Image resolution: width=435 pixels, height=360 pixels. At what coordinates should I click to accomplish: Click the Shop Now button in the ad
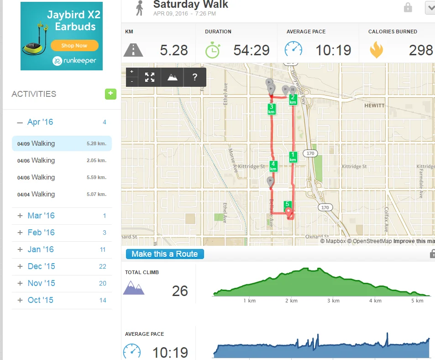(x=74, y=45)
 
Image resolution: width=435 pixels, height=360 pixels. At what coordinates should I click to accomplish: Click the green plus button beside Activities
(x=110, y=94)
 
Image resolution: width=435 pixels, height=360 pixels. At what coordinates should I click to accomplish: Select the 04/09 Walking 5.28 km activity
(x=62, y=143)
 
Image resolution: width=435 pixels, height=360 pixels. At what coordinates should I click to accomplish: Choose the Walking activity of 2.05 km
(x=62, y=160)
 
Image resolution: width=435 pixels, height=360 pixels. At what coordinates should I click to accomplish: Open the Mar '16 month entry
(x=41, y=216)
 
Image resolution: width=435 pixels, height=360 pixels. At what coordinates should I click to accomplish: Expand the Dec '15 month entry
(x=41, y=266)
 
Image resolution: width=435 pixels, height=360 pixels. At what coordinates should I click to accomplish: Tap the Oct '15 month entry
(x=40, y=300)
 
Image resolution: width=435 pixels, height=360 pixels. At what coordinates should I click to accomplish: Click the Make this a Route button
(x=165, y=254)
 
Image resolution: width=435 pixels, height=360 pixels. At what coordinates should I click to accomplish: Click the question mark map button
(x=195, y=77)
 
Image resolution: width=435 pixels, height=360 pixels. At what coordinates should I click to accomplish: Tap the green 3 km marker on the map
(x=271, y=109)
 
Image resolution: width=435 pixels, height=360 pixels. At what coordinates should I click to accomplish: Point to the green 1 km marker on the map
(x=293, y=157)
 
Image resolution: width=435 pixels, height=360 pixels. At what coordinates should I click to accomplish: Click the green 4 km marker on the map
(x=273, y=166)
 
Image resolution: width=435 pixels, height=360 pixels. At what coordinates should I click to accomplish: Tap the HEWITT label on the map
(x=374, y=106)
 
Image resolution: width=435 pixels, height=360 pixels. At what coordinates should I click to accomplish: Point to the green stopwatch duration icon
(x=212, y=50)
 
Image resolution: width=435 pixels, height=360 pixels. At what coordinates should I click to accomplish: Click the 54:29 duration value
(x=251, y=50)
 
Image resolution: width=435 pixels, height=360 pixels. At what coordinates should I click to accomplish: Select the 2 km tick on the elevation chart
(x=291, y=301)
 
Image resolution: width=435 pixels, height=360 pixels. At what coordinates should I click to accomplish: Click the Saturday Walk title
(x=190, y=5)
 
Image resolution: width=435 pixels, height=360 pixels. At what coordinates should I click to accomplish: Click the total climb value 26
(x=180, y=291)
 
